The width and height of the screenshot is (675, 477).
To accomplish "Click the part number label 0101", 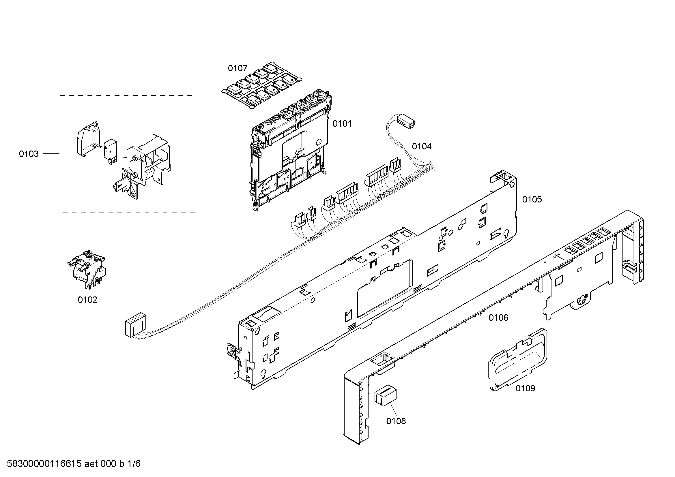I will (342, 124).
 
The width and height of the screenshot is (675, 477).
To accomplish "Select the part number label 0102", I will (87, 300).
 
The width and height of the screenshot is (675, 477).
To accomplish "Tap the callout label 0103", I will (29, 154).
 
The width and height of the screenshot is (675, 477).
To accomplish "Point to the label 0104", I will (422, 146).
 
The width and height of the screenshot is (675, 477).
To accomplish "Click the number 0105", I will (532, 200).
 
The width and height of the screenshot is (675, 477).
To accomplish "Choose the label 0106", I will (499, 318).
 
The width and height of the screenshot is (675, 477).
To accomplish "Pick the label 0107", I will (238, 68).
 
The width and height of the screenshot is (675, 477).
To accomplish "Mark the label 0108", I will (396, 421).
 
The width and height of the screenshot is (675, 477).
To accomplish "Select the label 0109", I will (525, 388).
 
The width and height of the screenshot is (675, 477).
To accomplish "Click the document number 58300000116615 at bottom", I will (44, 463).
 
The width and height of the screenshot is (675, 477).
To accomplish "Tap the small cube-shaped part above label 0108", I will (386, 397).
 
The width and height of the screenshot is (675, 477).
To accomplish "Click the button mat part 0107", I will (262, 85).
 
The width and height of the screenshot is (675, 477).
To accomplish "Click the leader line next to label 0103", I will (51, 154).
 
